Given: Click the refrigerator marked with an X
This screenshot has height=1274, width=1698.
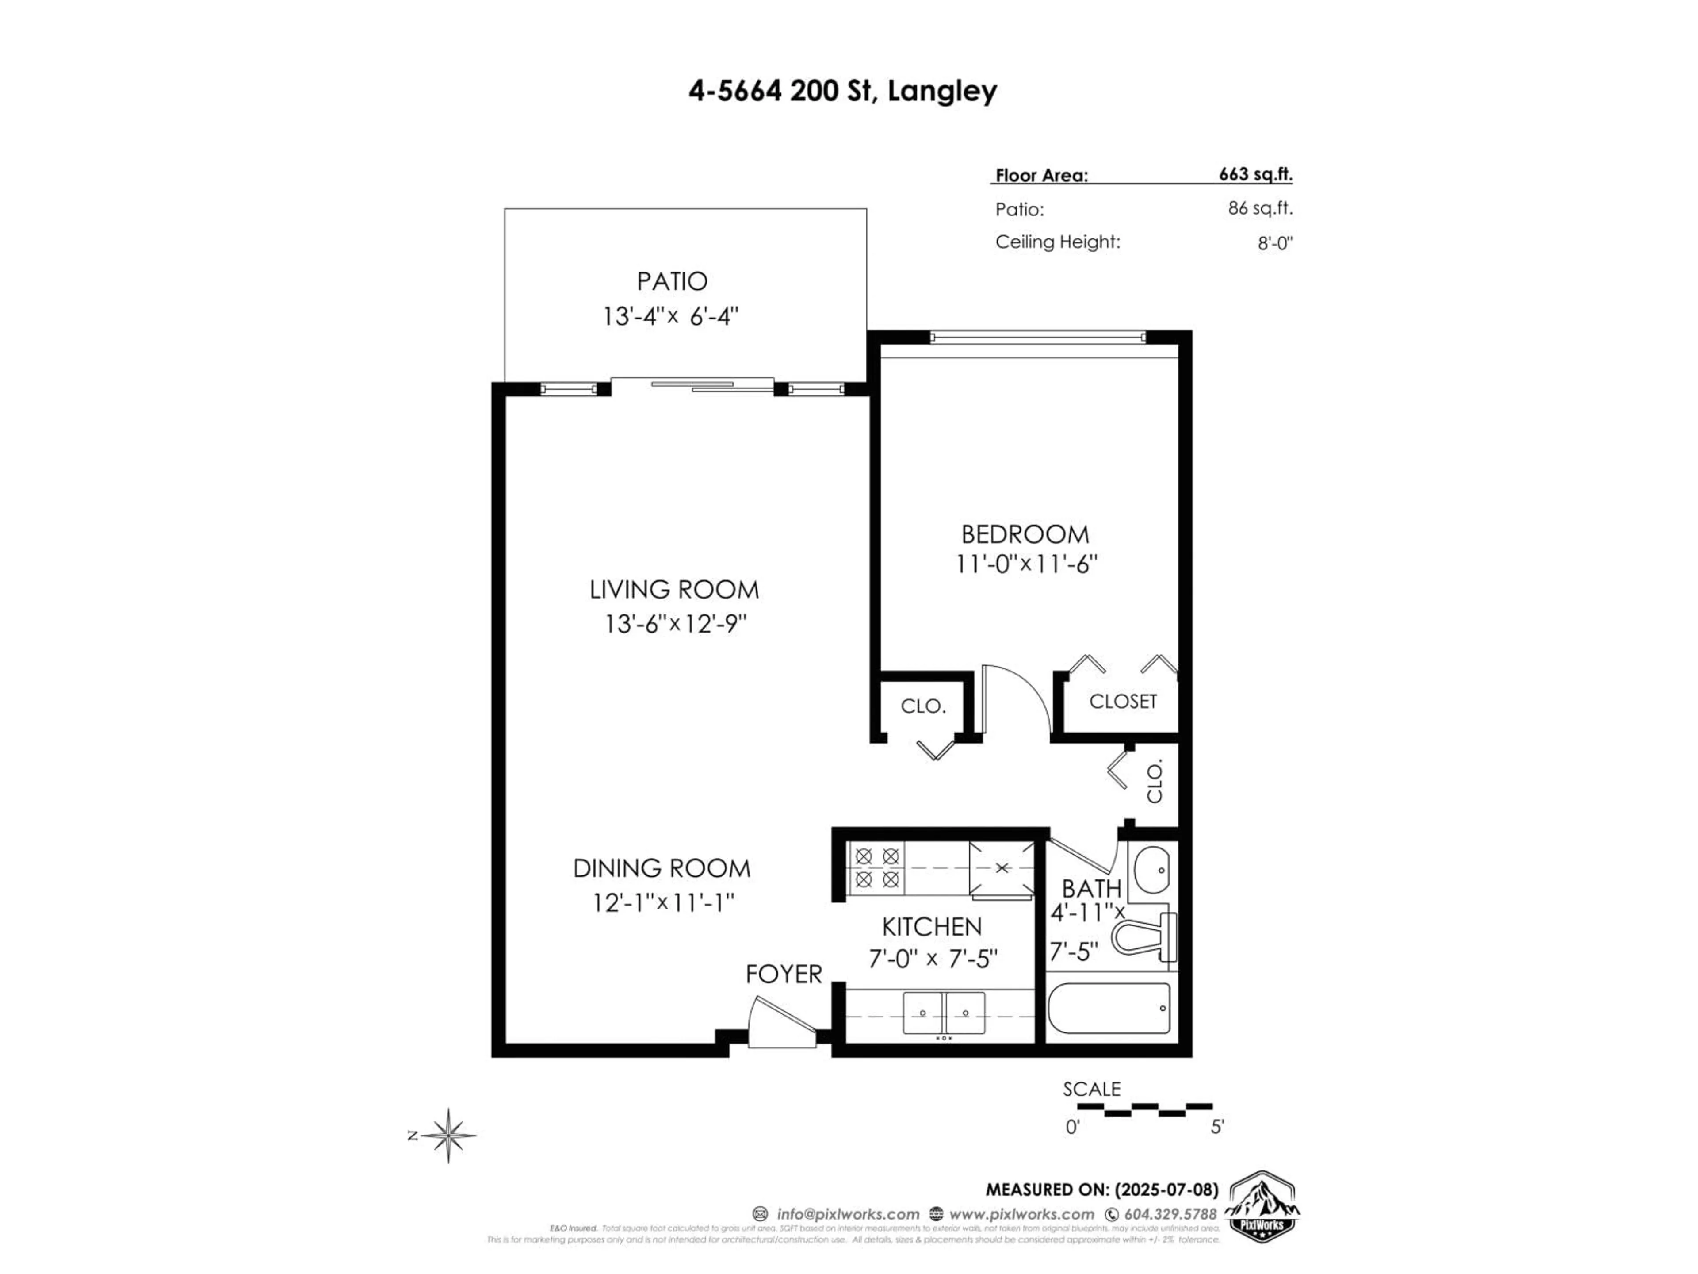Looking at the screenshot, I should tap(1001, 868).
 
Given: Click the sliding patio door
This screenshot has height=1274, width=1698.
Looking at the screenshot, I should tap(692, 385).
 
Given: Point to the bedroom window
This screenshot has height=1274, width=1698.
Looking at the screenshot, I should tap(1038, 337).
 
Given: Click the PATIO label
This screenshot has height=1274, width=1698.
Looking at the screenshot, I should tap(672, 281).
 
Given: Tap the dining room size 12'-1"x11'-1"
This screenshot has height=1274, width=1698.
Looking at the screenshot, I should tap(663, 902).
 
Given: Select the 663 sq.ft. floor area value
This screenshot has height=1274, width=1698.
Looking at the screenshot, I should tap(1255, 174).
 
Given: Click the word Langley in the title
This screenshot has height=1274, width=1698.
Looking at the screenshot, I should tap(942, 92).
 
